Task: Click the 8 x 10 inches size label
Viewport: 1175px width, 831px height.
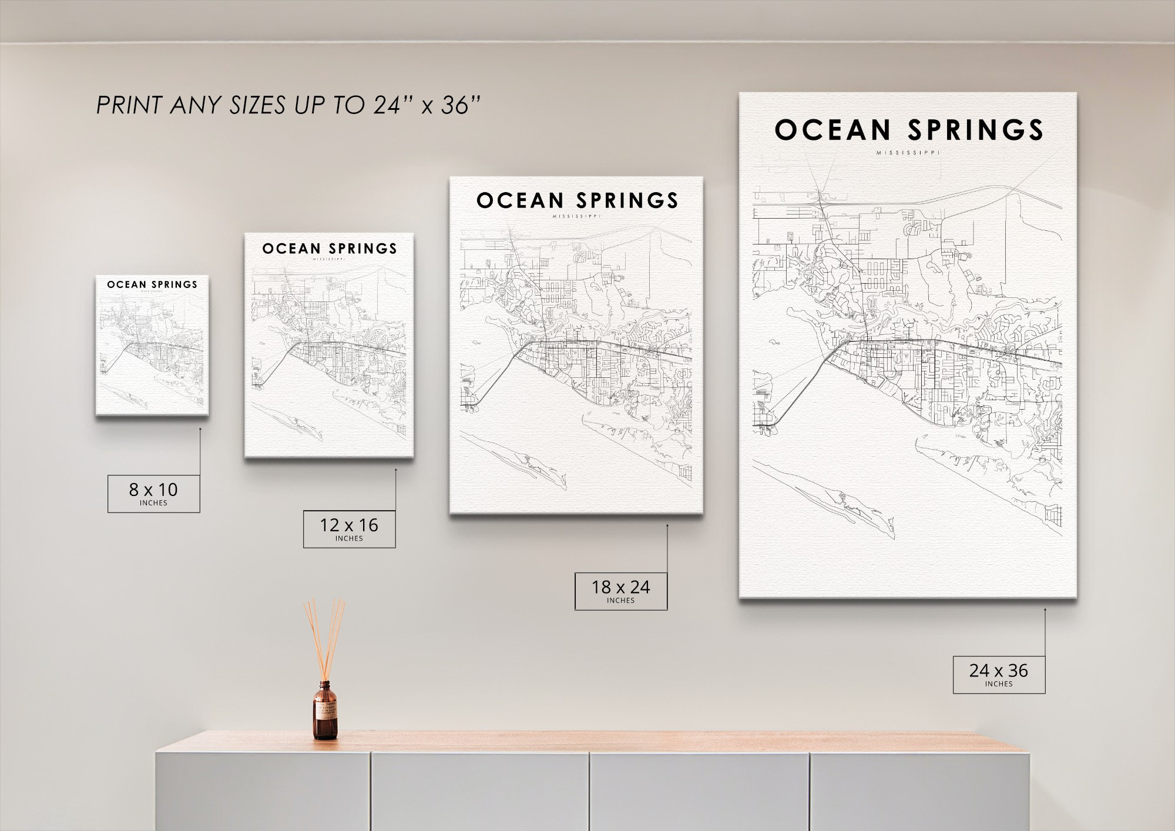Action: click(x=153, y=493)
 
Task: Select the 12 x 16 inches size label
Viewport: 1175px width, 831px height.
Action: click(x=349, y=528)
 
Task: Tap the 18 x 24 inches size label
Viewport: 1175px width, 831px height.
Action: click(x=620, y=590)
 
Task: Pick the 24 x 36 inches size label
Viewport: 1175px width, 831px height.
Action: click(x=999, y=673)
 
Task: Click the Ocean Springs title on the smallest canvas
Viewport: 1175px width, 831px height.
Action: click(x=152, y=284)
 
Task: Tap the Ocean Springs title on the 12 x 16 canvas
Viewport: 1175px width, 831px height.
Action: click(x=330, y=249)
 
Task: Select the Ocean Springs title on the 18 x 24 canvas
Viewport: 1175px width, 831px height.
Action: click(x=577, y=200)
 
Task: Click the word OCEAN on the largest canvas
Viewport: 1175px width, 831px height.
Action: click(x=832, y=130)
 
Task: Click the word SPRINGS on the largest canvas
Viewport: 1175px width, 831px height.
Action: click(x=975, y=130)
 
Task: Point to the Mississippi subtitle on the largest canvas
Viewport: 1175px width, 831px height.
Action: click(x=908, y=153)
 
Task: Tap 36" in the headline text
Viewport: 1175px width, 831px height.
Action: click(x=461, y=105)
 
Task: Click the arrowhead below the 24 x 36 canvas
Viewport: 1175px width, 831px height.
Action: click(x=1045, y=611)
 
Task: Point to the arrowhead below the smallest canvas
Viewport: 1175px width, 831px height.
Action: click(x=200, y=430)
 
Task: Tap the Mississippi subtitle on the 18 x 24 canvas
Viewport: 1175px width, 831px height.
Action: click(x=577, y=216)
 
